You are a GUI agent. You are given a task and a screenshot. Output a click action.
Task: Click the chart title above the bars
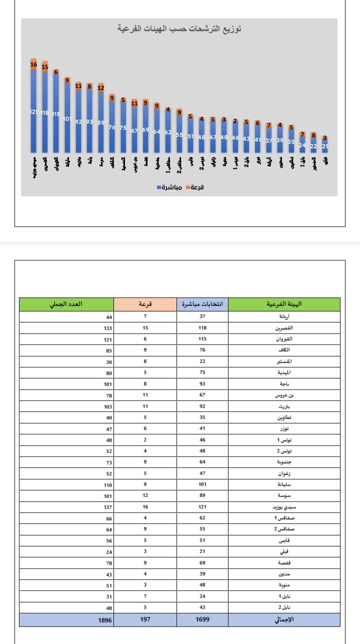click(x=179, y=29)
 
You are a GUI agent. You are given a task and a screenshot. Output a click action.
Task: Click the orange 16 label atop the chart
click(x=33, y=64)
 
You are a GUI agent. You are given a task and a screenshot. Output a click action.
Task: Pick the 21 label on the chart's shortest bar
click(x=325, y=146)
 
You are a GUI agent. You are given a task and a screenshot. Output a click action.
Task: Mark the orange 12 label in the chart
click(x=100, y=88)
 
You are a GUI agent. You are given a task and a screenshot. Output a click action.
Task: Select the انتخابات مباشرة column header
click(x=202, y=304)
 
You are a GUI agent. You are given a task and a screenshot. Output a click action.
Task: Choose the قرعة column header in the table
click(x=145, y=304)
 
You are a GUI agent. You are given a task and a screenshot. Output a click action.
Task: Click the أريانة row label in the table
click(x=285, y=316)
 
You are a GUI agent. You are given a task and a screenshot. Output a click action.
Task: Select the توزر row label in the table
click(x=285, y=429)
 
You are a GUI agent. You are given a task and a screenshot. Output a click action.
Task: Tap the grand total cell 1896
click(x=105, y=619)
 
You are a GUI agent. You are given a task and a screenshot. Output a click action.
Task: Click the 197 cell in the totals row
click(x=145, y=619)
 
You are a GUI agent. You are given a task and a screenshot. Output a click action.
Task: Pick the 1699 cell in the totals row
click(x=202, y=619)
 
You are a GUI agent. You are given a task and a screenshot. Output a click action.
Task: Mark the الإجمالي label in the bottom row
click(x=285, y=619)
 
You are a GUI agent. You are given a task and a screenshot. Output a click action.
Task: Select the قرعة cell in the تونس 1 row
click(x=145, y=440)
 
